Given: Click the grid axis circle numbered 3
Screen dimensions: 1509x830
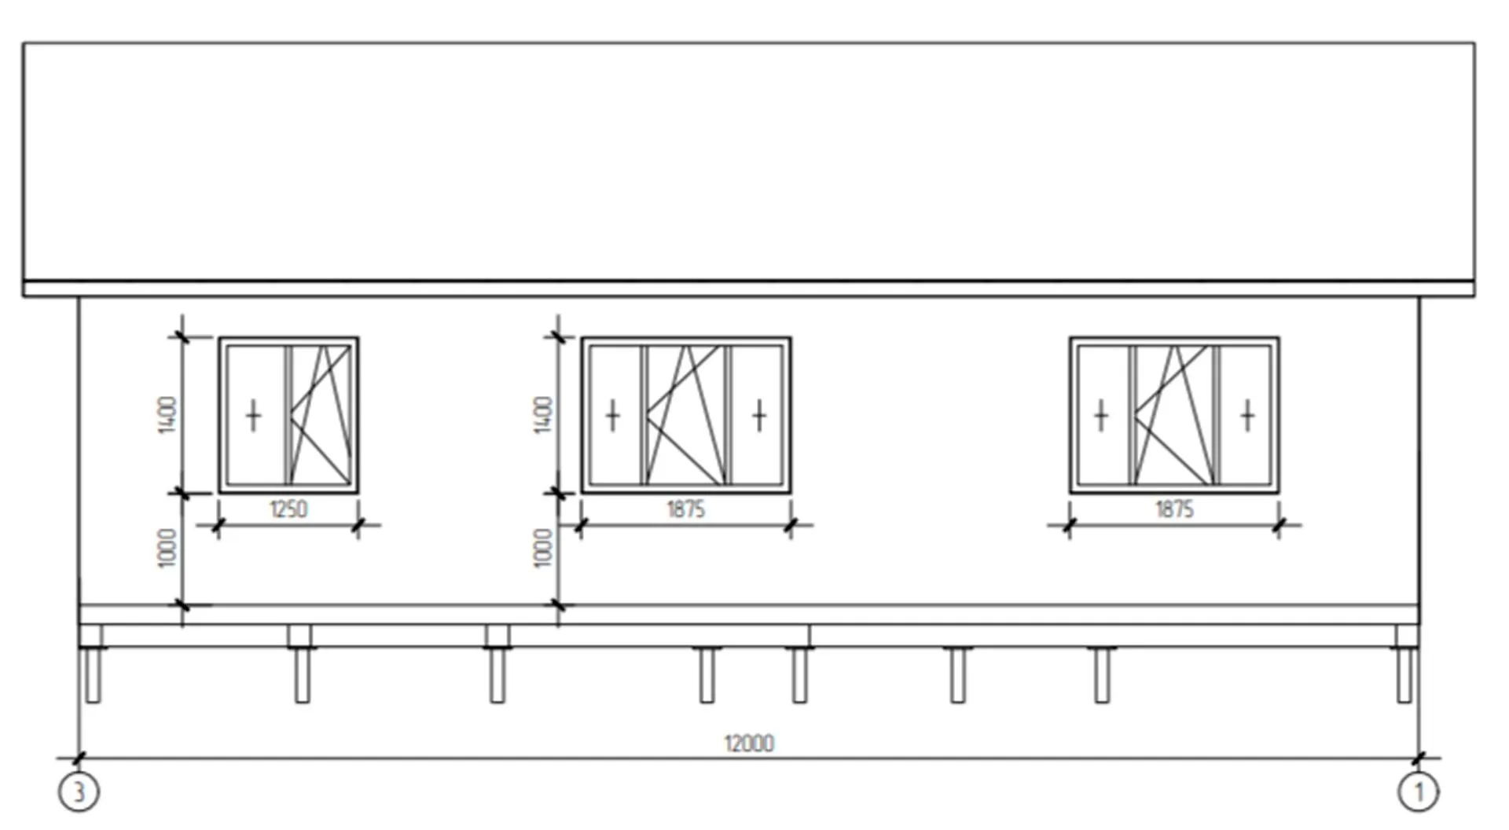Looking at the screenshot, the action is [x=79, y=792].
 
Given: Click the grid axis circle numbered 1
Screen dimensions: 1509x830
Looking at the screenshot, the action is [x=1419, y=792].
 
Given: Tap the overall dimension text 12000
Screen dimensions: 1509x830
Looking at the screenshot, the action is [x=749, y=743].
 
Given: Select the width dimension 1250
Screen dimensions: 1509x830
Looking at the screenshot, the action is [x=288, y=509].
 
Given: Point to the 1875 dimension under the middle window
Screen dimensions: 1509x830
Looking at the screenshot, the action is [x=686, y=509].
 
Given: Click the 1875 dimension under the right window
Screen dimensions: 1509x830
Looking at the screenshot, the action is [x=1174, y=509].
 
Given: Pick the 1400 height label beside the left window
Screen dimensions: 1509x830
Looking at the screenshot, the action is [x=167, y=415].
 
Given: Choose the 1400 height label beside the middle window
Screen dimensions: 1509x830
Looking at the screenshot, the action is [x=543, y=415].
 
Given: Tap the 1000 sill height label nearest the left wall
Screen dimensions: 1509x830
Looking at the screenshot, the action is [x=167, y=548].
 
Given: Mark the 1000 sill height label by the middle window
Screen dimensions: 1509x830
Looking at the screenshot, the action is [x=543, y=548].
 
